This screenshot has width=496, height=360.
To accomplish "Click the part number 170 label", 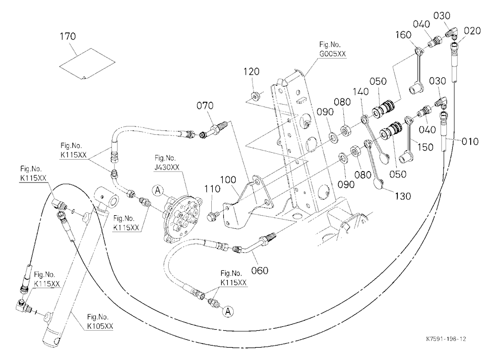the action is point(68,36).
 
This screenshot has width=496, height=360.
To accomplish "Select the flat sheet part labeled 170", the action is point(87,64).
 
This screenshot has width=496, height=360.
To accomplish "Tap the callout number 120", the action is point(251,71).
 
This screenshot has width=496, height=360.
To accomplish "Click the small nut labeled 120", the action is point(255,95).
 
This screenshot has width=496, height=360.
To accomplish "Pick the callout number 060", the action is point(260,270).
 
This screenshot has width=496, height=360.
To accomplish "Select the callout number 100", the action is point(228,180).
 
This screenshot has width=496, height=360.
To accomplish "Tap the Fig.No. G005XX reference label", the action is point(332,49).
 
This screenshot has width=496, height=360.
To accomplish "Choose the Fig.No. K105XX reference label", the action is point(100,321).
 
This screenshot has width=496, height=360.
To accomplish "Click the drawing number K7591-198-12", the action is point(446,339).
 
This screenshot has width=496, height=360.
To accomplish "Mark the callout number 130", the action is point(403,196).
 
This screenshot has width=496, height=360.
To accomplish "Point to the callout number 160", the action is point(404,35).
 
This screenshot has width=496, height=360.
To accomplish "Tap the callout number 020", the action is point(472,31).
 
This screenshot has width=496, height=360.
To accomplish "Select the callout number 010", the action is point(470,141).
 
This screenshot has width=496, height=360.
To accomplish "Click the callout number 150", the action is point(426,147).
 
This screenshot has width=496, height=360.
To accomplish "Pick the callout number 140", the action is point(361,91).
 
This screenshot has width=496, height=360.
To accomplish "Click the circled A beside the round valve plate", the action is point(158,190).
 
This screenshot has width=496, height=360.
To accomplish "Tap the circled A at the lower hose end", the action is point(228,311).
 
